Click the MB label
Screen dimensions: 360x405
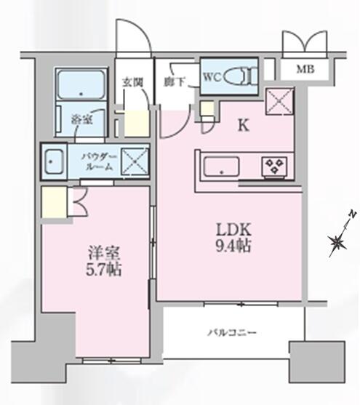305,69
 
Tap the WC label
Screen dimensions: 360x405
212,77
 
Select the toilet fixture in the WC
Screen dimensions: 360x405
241,76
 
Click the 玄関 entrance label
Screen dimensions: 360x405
132,82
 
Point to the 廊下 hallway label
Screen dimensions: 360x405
175,82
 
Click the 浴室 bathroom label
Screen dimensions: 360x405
82,120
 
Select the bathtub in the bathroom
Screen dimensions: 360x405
81,84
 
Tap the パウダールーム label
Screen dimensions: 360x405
100,162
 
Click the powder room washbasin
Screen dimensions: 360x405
54,161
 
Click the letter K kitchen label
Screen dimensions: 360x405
243,126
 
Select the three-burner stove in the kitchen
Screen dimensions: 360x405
274,166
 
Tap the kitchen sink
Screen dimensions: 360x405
221,167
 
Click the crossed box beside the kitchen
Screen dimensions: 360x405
280,101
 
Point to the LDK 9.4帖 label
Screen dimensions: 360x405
233,237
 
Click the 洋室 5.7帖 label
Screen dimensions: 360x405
103,261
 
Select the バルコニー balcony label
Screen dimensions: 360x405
232,332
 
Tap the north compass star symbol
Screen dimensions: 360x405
337,242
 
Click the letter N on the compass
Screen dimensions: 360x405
353,214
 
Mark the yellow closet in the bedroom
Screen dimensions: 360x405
55,202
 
